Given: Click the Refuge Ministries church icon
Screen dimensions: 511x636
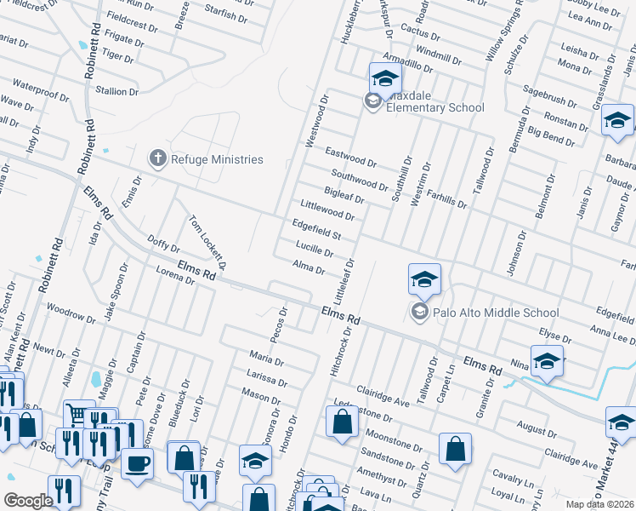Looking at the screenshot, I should tap(157, 158).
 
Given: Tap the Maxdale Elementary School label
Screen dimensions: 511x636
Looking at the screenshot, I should tap(434, 107).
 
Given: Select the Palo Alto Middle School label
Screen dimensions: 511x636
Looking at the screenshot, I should tap(496, 313).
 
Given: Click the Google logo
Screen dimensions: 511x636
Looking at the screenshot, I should tap(28, 501).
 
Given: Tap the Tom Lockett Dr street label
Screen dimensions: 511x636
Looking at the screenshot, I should tap(207, 242).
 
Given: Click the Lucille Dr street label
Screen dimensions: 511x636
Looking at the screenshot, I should tap(314, 249).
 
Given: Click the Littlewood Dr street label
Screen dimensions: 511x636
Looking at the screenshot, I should tap(327, 210).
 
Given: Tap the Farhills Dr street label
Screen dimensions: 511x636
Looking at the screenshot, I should tap(446, 199).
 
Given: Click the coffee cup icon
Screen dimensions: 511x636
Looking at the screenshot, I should tap(137, 464).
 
